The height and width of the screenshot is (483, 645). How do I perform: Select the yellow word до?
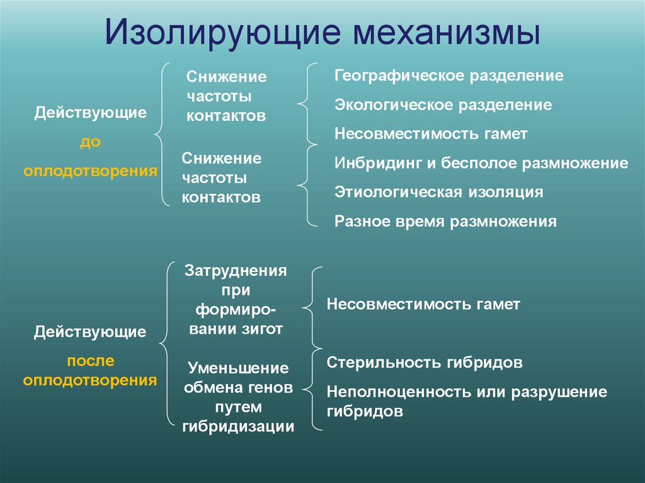(90, 142)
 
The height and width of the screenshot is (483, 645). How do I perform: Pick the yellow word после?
(90, 360)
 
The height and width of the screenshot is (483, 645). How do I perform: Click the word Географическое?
(399, 76)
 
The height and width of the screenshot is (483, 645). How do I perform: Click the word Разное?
(358, 221)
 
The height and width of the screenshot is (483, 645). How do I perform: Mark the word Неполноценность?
(394, 392)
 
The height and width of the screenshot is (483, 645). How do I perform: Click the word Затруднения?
(236, 271)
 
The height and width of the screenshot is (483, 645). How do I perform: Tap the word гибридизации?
(238, 427)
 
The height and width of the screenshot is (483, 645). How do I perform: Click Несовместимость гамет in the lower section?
(423, 305)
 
